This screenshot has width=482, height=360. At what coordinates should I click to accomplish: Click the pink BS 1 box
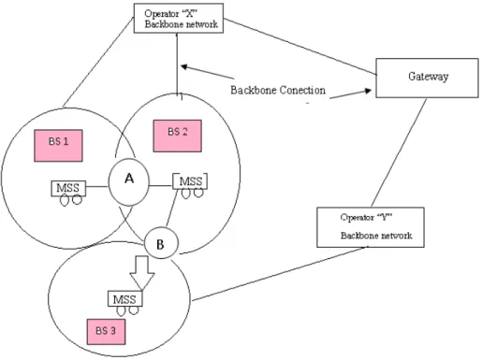(x=58, y=146)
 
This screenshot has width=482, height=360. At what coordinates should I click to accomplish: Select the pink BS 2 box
(x=177, y=136)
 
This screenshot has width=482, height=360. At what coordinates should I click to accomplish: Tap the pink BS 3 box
(x=106, y=332)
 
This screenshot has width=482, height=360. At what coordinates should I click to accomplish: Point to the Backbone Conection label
(x=278, y=90)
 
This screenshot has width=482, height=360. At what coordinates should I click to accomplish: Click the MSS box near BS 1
(x=68, y=188)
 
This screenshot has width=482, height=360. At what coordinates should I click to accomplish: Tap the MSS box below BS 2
(x=190, y=181)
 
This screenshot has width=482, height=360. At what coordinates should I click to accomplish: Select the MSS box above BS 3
(x=124, y=299)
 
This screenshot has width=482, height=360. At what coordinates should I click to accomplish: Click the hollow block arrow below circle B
(x=142, y=273)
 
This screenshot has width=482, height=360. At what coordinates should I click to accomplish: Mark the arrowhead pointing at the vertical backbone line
(x=184, y=66)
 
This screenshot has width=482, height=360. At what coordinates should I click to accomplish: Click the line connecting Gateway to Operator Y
(x=399, y=152)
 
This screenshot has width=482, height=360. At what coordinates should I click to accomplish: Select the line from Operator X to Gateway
(x=300, y=47)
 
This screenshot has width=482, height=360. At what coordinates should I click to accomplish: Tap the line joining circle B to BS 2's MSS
(x=171, y=208)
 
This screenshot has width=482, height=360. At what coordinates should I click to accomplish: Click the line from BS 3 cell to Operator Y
(x=279, y=274)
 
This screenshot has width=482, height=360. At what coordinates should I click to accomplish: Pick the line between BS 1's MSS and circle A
(x=97, y=187)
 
